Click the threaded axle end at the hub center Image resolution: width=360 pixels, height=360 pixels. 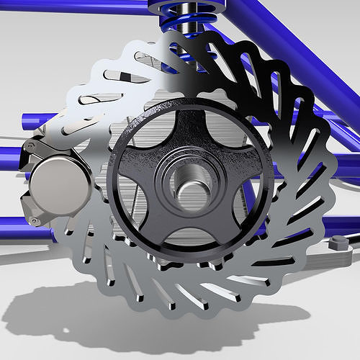click(x=189, y=189)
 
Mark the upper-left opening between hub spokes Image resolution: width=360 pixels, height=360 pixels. click(x=148, y=144)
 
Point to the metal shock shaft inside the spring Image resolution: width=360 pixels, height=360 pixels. click(x=189, y=18)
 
